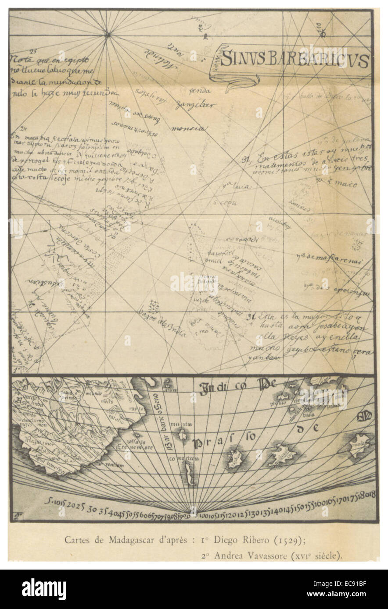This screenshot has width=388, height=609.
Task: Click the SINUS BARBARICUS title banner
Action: pos(294,60)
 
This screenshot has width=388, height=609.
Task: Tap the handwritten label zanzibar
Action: pos(189,106)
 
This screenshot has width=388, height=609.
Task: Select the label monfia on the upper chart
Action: pos(187,129)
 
